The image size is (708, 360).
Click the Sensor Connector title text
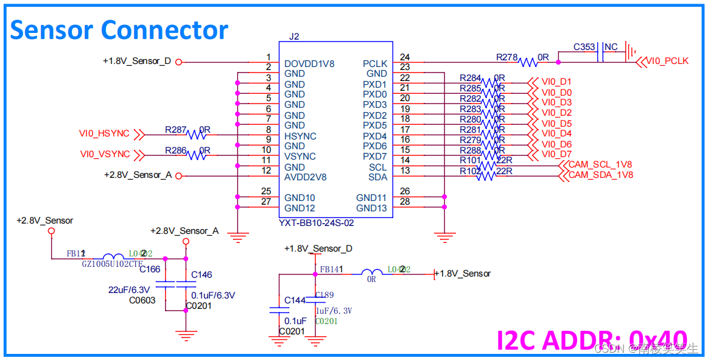tap(119, 29)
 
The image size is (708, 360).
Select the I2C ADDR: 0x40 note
tap(592, 340)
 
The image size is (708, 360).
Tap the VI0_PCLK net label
tap(667, 61)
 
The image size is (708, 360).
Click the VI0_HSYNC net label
tap(104, 133)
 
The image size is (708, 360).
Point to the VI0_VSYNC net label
tap(105, 154)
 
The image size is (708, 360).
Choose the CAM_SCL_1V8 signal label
tap(600, 164)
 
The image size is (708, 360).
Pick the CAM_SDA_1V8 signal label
tap(600, 175)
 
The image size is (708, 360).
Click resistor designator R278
tap(506, 57)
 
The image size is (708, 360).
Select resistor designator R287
tap(175, 130)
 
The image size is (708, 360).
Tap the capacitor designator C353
tap(584, 47)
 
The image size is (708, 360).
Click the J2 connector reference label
tap(294, 37)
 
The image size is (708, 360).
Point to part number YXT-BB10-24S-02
tap(317, 223)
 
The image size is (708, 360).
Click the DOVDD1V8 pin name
tap(309, 63)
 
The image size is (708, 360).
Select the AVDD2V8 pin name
tap(306, 177)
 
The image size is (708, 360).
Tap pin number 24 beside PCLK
tap(405, 57)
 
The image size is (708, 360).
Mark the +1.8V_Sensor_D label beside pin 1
tap(137, 61)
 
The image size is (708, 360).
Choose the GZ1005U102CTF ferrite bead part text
tap(113, 264)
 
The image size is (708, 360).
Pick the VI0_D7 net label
tap(556, 154)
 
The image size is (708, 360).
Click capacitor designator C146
tap(202, 275)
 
